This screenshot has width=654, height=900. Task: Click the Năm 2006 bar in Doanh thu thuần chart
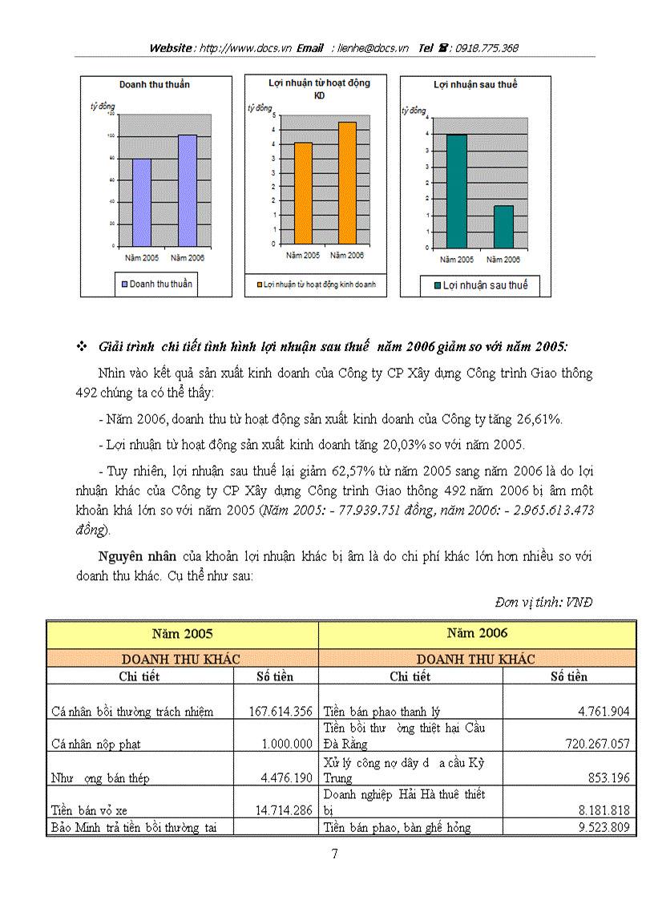[187, 191]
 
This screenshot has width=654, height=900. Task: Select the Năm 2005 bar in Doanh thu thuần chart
[141, 202]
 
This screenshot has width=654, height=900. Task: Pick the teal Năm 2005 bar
[455, 192]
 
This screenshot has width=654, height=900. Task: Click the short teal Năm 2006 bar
[503, 227]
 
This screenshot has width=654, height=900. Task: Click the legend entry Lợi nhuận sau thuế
[479, 285]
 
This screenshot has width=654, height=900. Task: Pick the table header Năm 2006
[477, 633]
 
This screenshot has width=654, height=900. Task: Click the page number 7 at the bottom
[335, 854]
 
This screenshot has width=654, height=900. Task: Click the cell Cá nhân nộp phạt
[95, 744]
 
